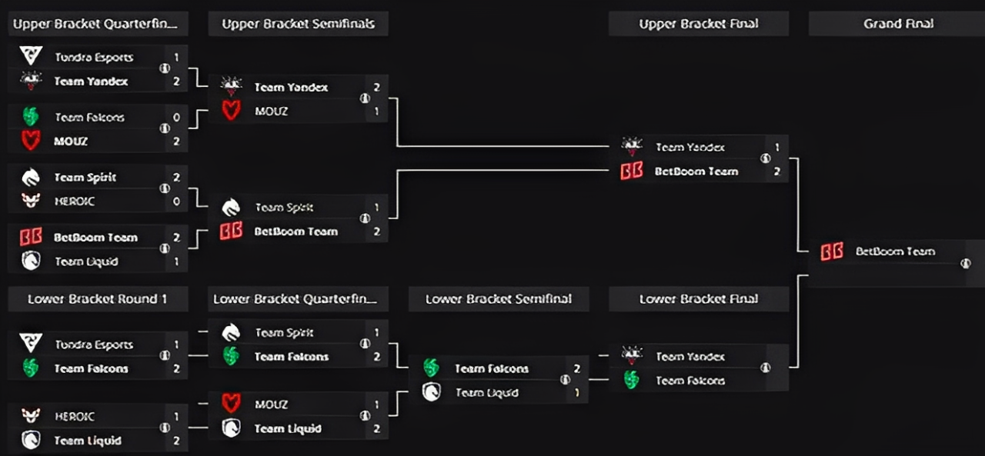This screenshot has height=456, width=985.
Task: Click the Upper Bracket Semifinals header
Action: pos(298,24)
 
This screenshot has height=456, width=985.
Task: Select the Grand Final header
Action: pos(898,24)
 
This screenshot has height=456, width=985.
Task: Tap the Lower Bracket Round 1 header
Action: pos(97,299)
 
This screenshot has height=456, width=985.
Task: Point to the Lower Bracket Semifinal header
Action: pos(498,299)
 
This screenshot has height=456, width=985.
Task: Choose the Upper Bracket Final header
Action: pos(698,24)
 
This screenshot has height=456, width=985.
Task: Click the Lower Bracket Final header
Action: pos(698,299)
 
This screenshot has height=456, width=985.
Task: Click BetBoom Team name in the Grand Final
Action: pos(895,251)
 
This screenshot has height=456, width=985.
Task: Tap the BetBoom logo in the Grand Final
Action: pos(832,251)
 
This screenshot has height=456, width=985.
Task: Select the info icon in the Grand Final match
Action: pos(965,264)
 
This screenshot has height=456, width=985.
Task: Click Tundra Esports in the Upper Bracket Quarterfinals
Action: pos(93,57)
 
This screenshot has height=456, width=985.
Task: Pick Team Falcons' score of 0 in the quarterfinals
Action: pos(176,118)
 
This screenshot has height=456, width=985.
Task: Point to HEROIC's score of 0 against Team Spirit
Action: pos(176,201)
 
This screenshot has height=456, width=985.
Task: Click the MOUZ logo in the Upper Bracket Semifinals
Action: pos(231,112)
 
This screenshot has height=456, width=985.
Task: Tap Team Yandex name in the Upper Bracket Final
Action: pos(689,147)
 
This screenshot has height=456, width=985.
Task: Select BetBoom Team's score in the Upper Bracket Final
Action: pos(776,171)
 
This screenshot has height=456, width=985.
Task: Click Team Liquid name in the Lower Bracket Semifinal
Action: pos(486,393)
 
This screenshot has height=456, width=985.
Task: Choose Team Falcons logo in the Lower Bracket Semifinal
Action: pos(431,368)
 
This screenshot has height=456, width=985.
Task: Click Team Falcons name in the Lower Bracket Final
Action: pos(689,381)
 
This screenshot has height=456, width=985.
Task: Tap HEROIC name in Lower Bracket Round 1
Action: pos(74,416)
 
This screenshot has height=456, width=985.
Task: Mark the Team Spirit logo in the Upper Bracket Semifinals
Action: pos(231,207)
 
